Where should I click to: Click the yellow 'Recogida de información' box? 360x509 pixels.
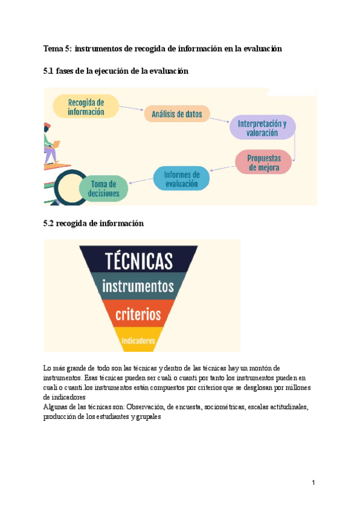[x=86, y=107]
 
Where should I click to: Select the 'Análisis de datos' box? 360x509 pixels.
[x=176, y=113]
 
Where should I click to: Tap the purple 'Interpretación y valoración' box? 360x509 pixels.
[x=262, y=128]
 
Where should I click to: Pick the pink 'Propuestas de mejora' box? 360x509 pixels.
[x=264, y=163]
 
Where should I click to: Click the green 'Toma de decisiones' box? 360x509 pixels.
[x=101, y=188]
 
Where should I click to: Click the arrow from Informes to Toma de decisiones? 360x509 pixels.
[x=140, y=181]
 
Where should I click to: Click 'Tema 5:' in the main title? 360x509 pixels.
[x=58, y=48]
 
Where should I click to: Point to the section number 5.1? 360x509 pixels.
[x=48, y=71]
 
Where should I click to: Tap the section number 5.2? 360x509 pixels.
[x=48, y=223]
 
